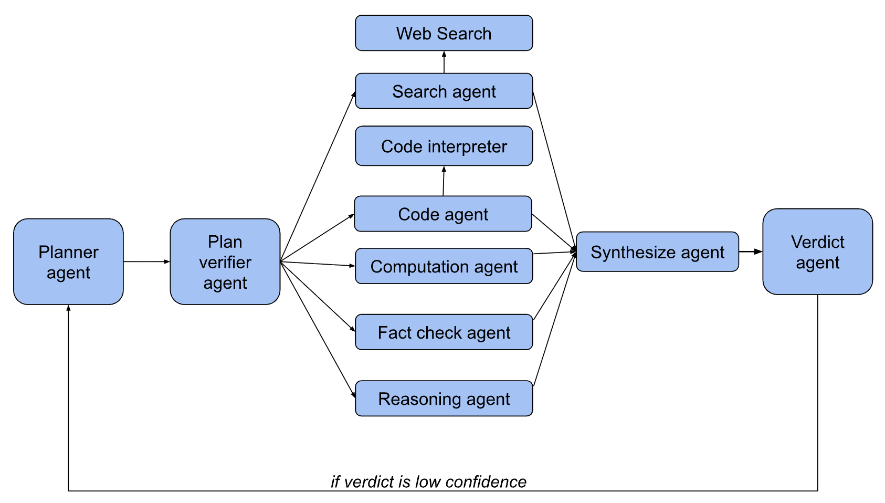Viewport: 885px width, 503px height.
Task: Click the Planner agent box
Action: click(68, 261)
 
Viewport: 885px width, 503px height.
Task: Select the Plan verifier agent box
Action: click(225, 261)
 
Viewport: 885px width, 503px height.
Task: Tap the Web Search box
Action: click(444, 33)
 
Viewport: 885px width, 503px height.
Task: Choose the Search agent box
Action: click(444, 91)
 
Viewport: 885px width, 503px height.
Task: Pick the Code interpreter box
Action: click(444, 146)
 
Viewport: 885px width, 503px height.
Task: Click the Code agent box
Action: click(443, 214)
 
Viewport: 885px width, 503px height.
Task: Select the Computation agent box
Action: click(444, 266)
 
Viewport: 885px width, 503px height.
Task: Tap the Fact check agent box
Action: click(444, 332)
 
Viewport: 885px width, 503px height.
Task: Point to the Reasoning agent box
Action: click(444, 399)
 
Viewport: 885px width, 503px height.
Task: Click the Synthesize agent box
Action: click(657, 252)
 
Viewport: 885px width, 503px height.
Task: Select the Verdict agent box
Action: click(817, 252)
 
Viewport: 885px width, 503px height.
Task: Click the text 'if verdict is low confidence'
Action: click(428, 481)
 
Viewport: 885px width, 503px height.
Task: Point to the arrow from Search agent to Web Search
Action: click(444, 62)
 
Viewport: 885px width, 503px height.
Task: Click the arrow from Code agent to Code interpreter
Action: click(444, 181)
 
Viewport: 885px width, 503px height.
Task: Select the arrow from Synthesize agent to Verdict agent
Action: click(750, 252)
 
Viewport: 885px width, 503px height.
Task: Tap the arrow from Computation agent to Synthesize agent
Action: click(554, 253)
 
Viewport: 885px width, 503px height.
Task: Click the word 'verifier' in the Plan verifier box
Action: click(225, 262)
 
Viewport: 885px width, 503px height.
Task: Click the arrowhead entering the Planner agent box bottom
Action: click(68, 308)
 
